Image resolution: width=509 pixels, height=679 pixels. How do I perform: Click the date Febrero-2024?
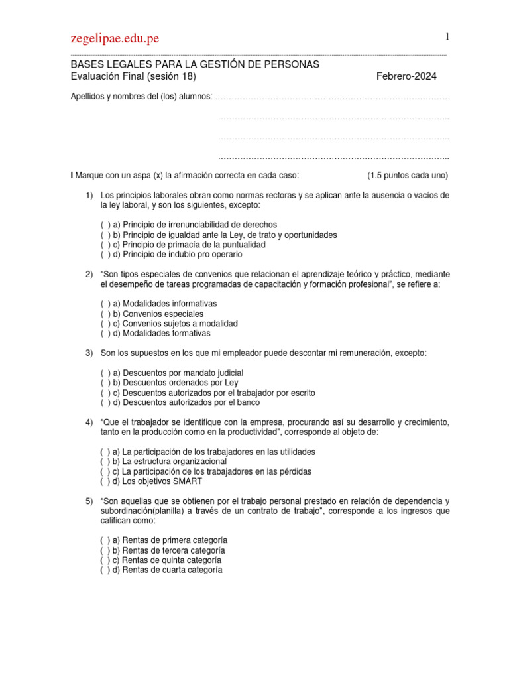pyautogui.click(x=406, y=76)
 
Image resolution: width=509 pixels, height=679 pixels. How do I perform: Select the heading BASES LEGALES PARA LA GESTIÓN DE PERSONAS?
pyautogui.click(x=195, y=64)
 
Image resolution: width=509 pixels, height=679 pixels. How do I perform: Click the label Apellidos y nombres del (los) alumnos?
pyautogui.click(x=142, y=97)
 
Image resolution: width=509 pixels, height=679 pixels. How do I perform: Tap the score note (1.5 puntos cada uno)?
pyautogui.click(x=408, y=176)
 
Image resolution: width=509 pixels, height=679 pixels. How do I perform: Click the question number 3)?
pyautogui.click(x=89, y=353)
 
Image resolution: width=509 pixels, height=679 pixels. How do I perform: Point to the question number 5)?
pyautogui.click(x=89, y=501)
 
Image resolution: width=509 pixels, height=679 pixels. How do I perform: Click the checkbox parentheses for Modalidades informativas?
pyautogui.click(x=105, y=304)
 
